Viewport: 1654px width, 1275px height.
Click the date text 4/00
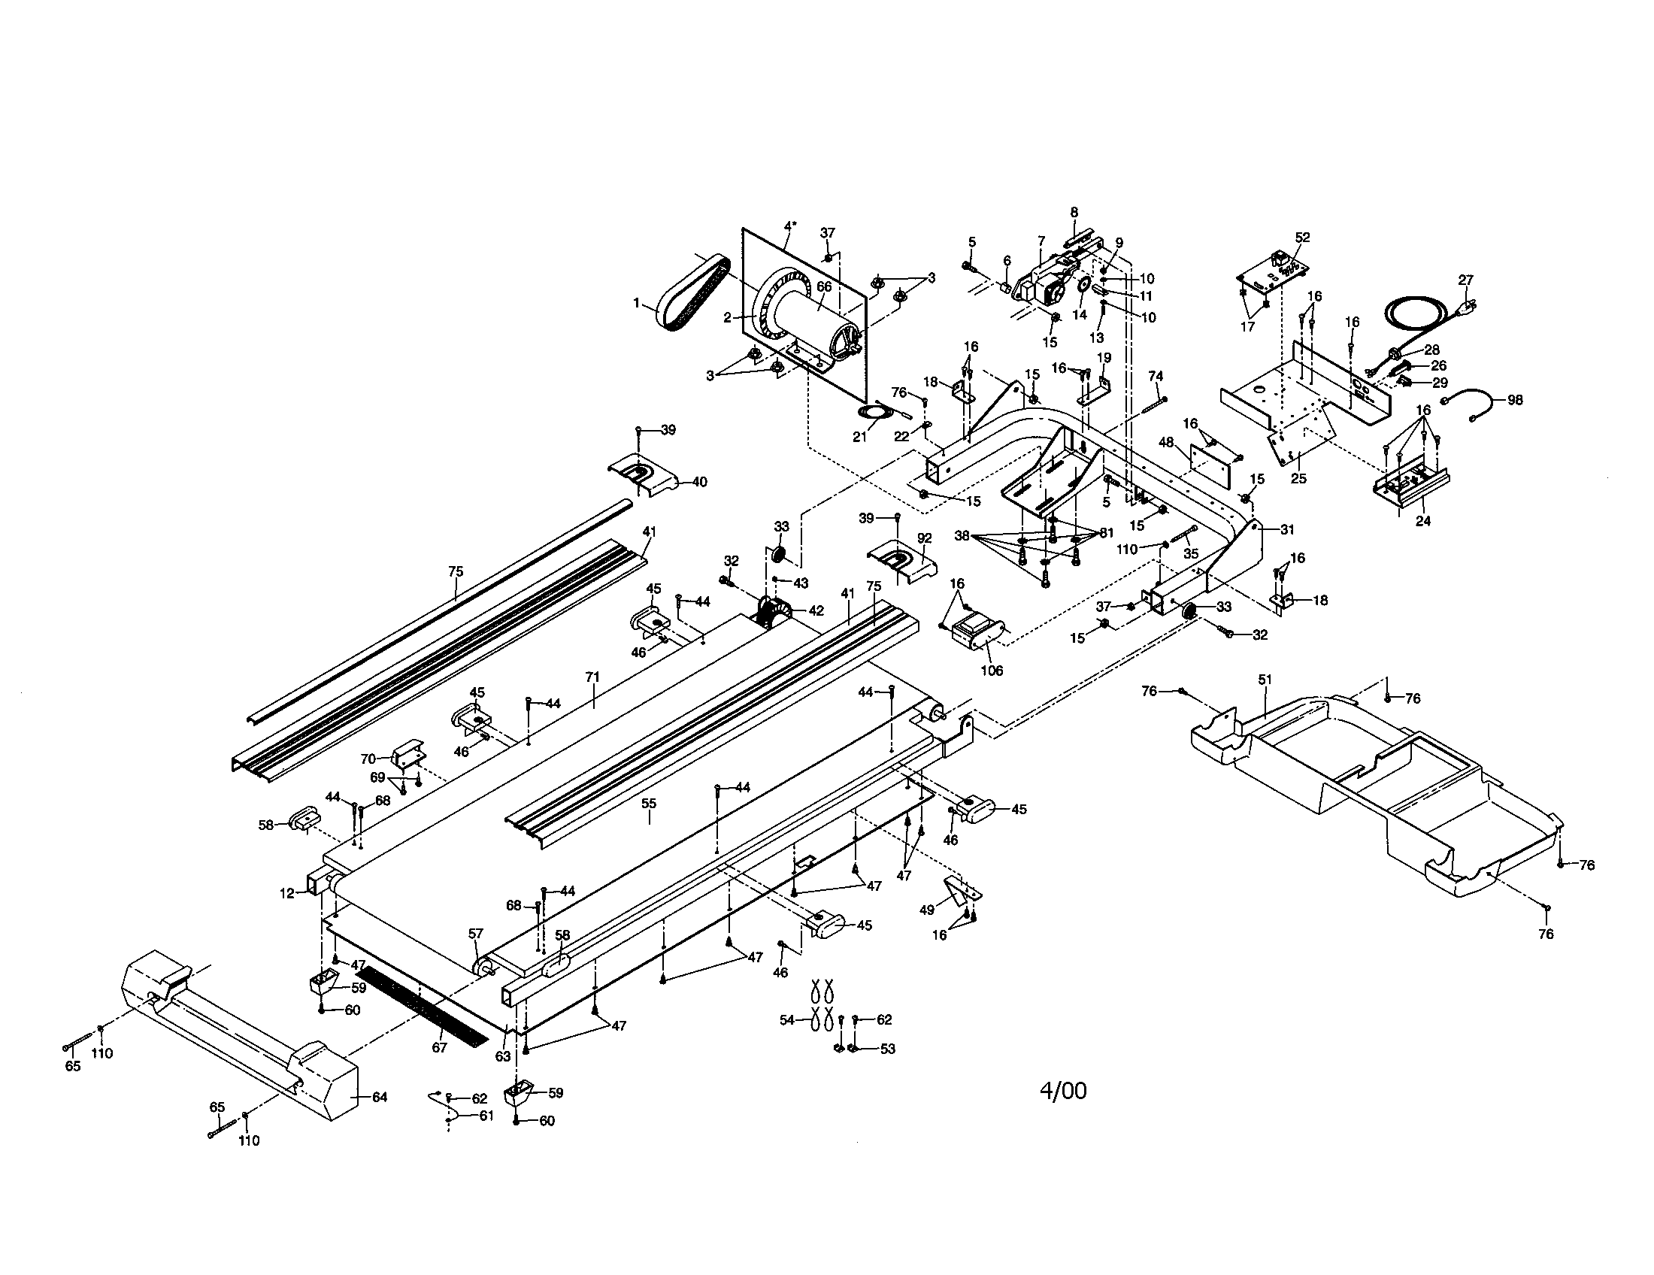point(1063,1091)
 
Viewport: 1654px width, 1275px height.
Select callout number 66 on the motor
point(824,287)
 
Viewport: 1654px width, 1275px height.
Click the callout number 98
point(1515,400)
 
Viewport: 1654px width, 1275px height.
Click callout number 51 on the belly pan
point(1265,680)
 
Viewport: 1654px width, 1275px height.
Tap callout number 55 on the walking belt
point(649,804)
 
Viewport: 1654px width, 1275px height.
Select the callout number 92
point(925,538)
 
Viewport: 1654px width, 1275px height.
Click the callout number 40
point(700,482)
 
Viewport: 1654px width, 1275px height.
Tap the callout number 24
point(1423,521)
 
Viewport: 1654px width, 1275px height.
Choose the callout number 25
point(1299,479)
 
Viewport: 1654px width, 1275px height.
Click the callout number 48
point(1166,441)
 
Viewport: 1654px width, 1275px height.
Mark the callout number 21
point(859,437)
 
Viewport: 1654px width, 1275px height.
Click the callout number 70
point(368,758)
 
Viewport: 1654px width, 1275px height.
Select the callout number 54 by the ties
point(787,1020)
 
